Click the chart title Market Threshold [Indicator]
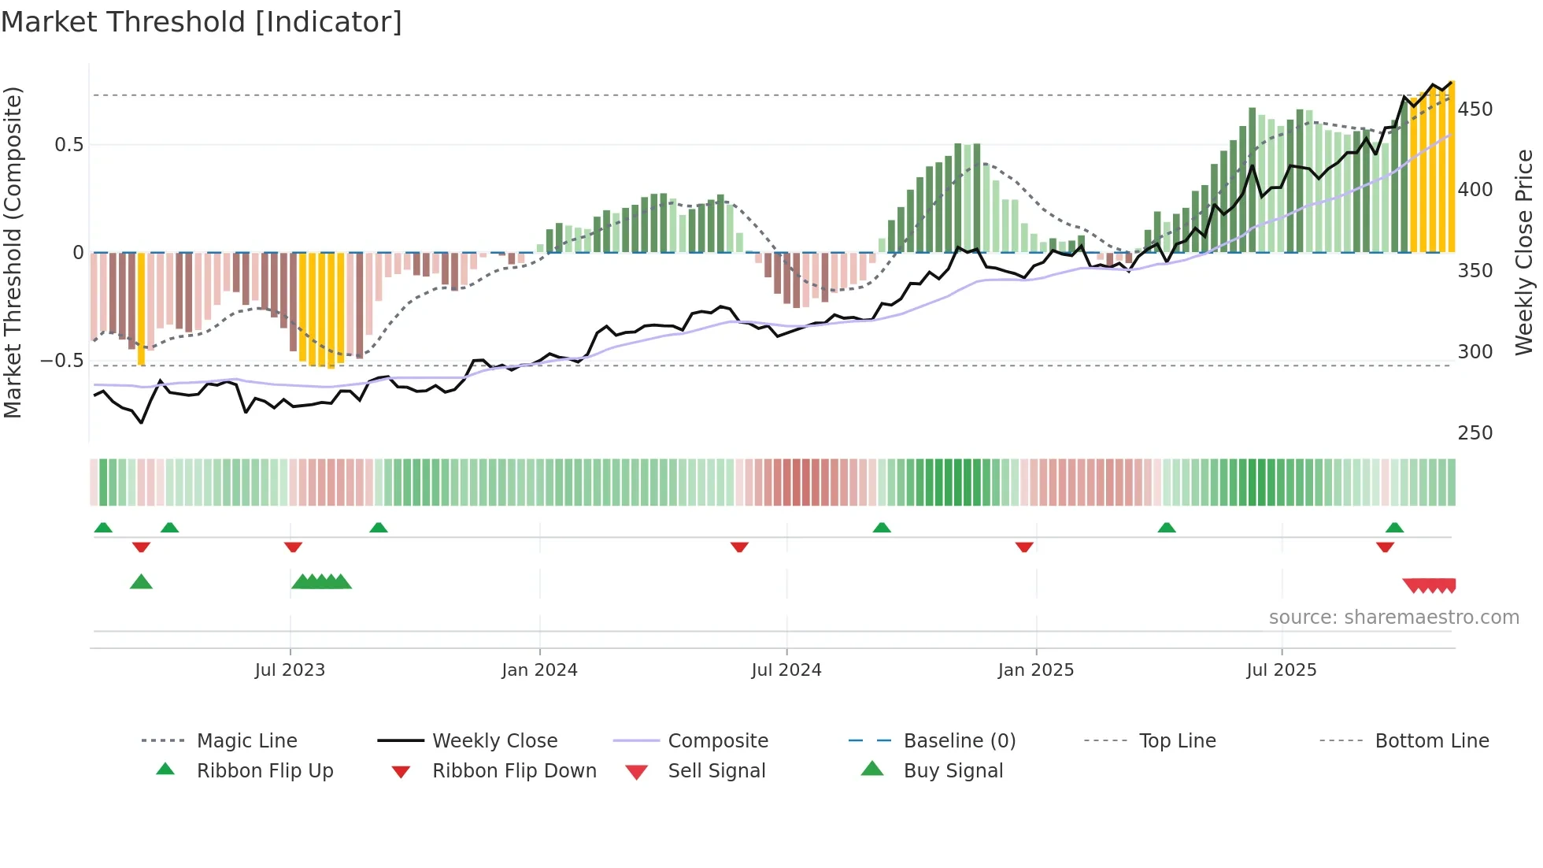202,22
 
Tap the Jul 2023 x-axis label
290,670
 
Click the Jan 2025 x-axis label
1035,670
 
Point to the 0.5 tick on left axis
69,145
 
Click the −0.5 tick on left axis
63,361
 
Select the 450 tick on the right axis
1475,109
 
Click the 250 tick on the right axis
1475,433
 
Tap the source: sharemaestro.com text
1393,618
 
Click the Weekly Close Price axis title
1524,252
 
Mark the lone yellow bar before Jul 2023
141,309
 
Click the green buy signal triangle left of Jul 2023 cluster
141,582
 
